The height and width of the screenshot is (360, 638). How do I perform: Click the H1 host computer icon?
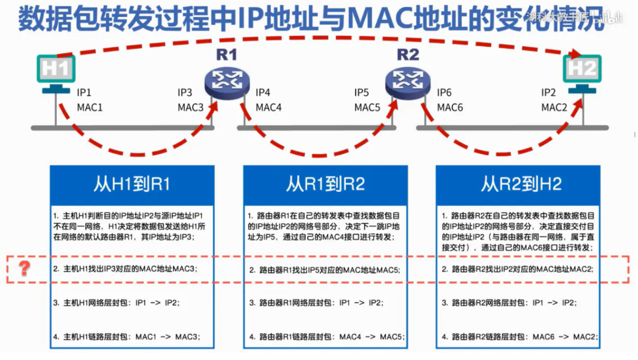56,73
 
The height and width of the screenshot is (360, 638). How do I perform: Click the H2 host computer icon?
582,73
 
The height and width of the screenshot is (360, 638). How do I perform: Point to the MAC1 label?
90,107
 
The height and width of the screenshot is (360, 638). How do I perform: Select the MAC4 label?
269,107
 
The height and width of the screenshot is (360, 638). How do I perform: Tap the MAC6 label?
450,107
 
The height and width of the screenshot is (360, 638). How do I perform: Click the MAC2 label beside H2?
554,107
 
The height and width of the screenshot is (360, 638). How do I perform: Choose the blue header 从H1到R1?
131,184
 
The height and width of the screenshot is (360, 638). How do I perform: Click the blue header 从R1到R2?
325,184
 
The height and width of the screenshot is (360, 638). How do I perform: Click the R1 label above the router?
226,55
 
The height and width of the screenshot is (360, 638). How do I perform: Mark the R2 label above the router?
408,55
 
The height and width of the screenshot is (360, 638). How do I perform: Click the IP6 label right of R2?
445,93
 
